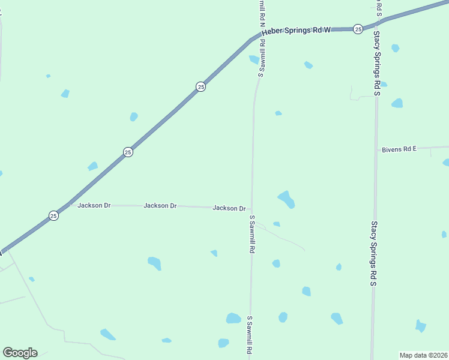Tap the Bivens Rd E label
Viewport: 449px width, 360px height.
[399, 149]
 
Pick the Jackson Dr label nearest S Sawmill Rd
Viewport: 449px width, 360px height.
[229, 208]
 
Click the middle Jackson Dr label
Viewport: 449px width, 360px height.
[160, 206]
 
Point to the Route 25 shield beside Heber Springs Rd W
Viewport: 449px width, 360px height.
[358, 29]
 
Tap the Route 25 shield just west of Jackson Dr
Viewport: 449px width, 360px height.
[53, 215]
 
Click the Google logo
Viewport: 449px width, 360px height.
[20, 353]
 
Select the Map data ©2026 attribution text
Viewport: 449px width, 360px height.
[423, 355]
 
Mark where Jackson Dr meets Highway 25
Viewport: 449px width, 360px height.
[68, 204]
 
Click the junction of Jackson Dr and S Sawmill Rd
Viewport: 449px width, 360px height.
[252, 208]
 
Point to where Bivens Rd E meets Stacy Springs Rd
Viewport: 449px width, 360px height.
[376, 148]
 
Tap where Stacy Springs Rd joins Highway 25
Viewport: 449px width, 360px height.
[376, 25]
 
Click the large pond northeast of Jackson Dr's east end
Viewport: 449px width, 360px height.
[286, 199]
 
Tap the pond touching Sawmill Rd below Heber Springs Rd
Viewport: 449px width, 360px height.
[255, 59]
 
